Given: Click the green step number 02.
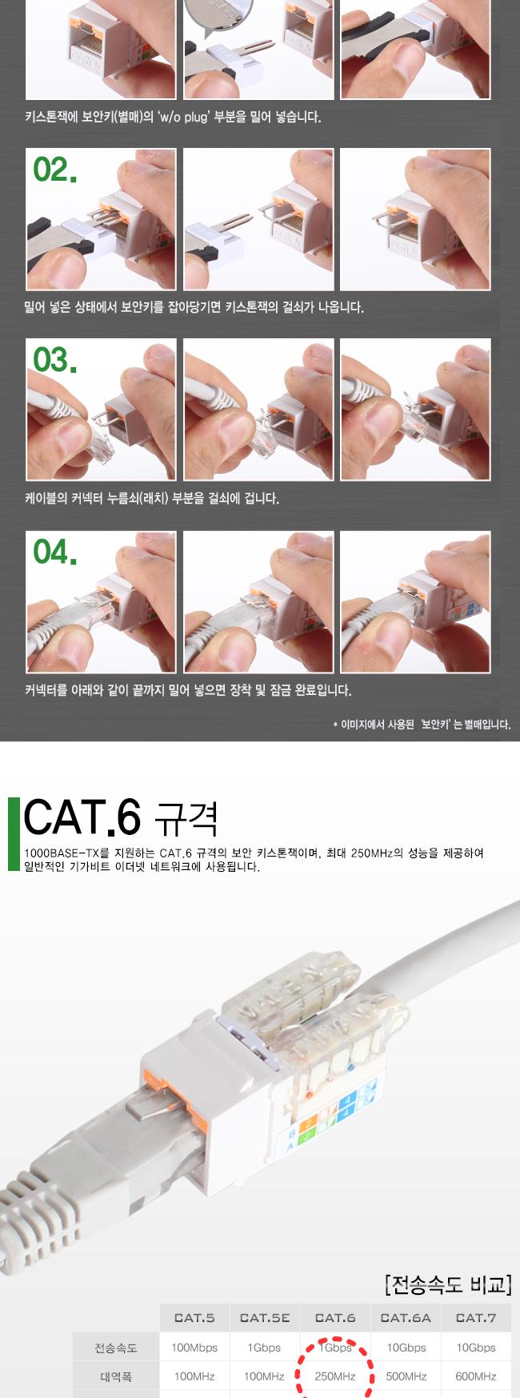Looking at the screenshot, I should (x=55, y=170).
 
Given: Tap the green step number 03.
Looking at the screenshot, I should (x=55, y=361).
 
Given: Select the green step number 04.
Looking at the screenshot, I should (x=55, y=552).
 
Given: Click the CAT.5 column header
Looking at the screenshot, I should (x=194, y=1317).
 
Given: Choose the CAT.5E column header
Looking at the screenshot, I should (x=264, y=1317).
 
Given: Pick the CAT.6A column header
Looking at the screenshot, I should (x=406, y=1317).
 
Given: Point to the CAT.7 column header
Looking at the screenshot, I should (x=476, y=1317).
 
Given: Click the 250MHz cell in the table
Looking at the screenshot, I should (x=335, y=1376).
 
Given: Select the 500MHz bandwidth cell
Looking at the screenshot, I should (x=406, y=1376).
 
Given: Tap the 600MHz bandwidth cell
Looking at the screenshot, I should (x=476, y=1376).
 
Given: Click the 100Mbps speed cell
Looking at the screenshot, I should (x=194, y=1348).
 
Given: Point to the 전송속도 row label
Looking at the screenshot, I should (x=116, y=1348).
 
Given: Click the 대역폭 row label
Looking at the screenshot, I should (x=116, y=1376).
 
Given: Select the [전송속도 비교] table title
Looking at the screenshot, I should (x=447, y=1285).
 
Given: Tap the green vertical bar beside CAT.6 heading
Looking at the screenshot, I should (x=13, y=833).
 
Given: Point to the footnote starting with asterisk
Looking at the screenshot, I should (x=421, y=725).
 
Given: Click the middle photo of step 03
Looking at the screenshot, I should (x=258, y=409).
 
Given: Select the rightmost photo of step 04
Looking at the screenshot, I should (x=415, y=601).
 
